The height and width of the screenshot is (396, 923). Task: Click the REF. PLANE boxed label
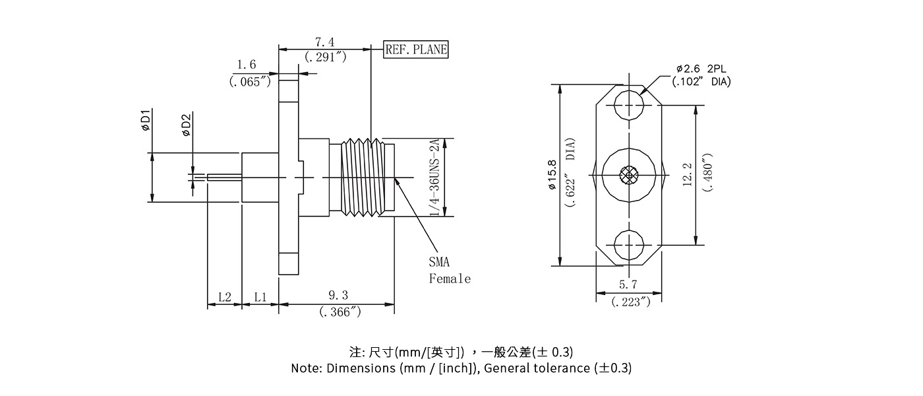pyautogui.click(x=416, y=49)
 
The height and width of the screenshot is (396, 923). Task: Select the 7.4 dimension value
pyautogui.click(x=324, y=42)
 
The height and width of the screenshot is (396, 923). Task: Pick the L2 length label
pyautogui.click(x=224, y=297)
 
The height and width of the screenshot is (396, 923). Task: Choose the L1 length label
pyautogui.click(x=260, y=297)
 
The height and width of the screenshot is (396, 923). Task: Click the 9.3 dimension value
pyautogui.click(x=338, y=295)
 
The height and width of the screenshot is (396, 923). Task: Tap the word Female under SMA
pyautogui.click(x=450, y=279)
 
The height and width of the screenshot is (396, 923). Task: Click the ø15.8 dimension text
pyautogui.click(x=552, y=176)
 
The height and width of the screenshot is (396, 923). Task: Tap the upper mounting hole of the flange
pyautogui.click(x=628, y=106)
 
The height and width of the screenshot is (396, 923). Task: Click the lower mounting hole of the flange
pyautogui.click(x=628, y=245)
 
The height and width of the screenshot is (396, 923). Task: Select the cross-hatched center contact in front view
pyautogui.click(x=628, y=176)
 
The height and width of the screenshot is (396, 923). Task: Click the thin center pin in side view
pyautogui.click(x=224, y=176)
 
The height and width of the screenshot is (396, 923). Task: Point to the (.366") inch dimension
pyautogui.click(x=340, y=312)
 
